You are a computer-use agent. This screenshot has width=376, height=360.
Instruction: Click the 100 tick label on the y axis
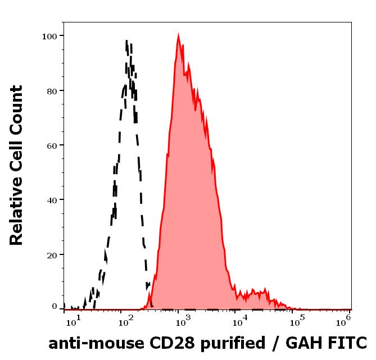50,36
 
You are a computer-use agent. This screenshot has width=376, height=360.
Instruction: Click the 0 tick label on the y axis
55,307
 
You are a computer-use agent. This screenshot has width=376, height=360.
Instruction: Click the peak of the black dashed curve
127,41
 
